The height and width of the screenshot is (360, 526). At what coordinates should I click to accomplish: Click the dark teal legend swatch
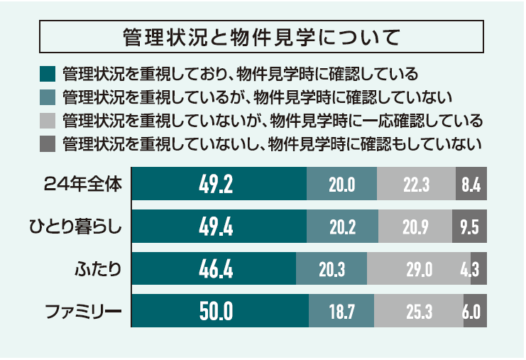tap(48, 74)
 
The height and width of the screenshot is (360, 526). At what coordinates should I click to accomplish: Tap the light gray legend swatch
tap(48, 119)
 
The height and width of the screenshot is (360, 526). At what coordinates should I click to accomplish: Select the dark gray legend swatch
tap(48, 143)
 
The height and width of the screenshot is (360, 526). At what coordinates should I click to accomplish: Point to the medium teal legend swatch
tap(48, 97)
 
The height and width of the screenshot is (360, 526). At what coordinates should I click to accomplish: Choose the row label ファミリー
tap(84, 311)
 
